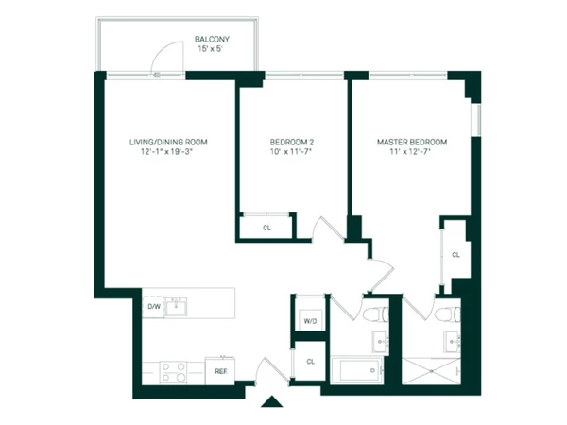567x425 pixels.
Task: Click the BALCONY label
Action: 212,39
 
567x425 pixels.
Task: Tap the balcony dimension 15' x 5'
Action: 212,49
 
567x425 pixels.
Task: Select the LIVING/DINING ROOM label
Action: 168,142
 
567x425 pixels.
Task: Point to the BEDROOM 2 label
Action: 291,142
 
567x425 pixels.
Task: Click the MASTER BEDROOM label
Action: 412,142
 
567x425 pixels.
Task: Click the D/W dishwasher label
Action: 153,307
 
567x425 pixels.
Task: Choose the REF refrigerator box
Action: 220,371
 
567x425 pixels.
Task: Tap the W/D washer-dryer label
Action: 309,321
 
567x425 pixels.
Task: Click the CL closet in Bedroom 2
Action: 266,228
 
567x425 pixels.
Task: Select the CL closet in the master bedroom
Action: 455,255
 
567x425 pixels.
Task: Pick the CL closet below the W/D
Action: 309,362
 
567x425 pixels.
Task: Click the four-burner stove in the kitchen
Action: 172,371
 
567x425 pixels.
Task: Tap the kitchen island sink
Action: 180,305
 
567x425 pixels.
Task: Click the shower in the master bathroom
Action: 430,369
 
